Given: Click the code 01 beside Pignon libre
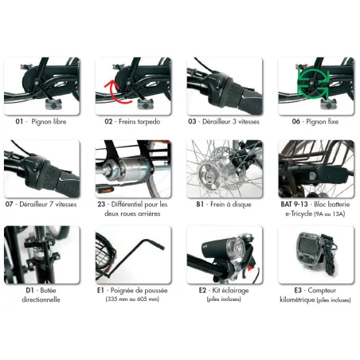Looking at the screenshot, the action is pos(19,122).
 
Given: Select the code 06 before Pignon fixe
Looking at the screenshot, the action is pos(296,122).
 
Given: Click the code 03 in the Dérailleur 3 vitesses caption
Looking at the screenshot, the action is pos(192,122).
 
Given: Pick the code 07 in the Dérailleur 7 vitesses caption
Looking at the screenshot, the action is pos(9,204).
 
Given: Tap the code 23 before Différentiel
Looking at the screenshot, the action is pos(101,204).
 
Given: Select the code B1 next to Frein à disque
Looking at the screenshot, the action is pos(200,204).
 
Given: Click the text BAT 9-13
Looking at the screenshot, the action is pos(294,204).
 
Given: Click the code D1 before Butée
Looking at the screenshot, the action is pos(29,290).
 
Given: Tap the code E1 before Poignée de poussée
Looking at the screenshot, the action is pos(100,290).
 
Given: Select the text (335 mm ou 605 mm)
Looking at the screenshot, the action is pos(132,299).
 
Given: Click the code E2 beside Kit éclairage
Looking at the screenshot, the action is pos(202,290).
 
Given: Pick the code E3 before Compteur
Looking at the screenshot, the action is pos(298,290).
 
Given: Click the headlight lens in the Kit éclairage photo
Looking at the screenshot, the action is pos(235,247).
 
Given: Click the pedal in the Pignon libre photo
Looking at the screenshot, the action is pos(53,104).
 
